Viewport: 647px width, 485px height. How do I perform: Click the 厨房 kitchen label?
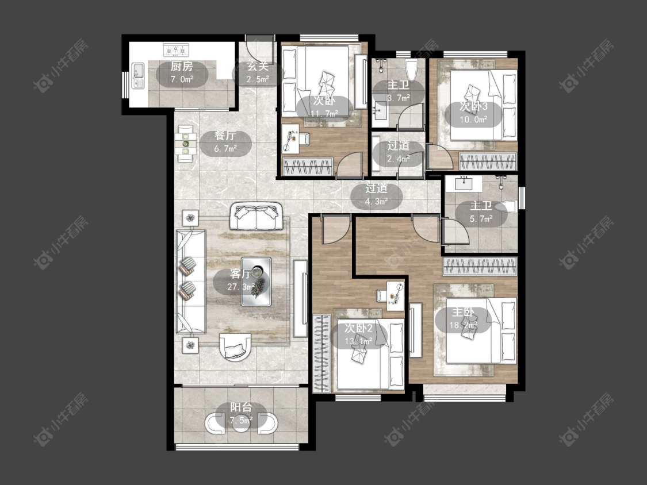182,67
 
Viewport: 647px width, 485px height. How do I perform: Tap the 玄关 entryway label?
258,66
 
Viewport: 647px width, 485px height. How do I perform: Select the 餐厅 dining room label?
225,136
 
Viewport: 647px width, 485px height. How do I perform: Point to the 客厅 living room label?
240,274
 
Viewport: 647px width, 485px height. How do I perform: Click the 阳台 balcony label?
241,407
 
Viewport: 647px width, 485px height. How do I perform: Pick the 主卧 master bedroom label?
463,312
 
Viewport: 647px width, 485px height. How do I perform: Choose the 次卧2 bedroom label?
358,328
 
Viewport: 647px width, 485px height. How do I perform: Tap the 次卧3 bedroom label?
474,106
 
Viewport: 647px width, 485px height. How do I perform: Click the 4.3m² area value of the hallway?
376,201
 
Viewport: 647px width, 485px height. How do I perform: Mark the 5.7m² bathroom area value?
481,218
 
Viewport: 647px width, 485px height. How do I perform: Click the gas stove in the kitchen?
176,50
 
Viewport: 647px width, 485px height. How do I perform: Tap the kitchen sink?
138,75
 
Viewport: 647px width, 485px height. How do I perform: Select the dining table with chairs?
186,143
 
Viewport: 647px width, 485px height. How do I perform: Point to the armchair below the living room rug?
235,347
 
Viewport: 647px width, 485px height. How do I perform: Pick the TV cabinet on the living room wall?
300,299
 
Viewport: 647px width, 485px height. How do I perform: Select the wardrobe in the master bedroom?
480,267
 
